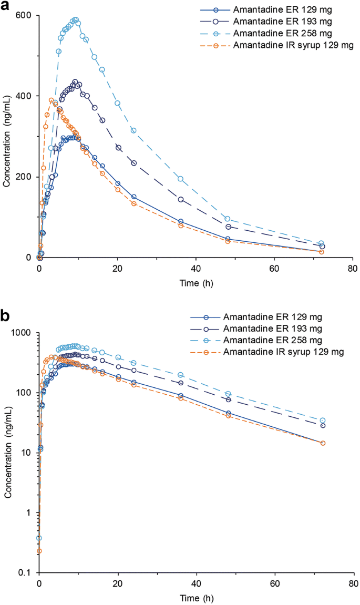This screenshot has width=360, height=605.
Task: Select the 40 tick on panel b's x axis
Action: tap(196, 583)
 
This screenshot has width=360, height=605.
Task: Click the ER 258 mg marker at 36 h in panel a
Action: tap(180, 179)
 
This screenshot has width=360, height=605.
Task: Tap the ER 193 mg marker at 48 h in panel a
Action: tap(228, 227)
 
